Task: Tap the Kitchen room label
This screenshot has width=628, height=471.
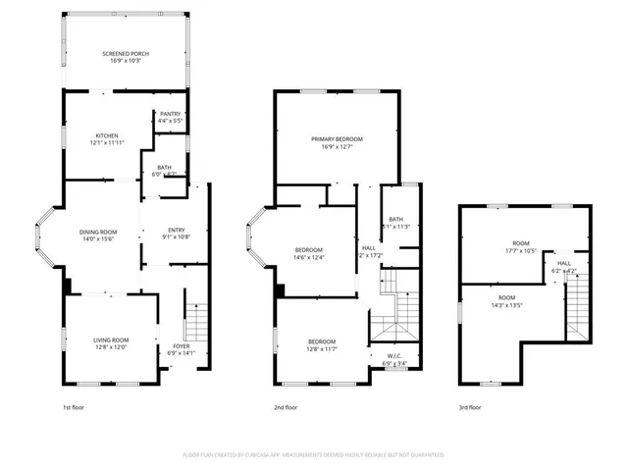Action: (x=107, y=135)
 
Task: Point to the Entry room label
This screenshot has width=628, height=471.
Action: (x=174, y=232)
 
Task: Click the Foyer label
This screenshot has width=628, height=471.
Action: (x=183, y=345)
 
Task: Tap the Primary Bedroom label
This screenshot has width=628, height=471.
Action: (x=337, y=140)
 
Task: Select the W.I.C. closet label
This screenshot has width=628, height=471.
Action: (x=395, y=356)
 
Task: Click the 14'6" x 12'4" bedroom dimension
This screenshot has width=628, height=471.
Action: (x=309, y=258)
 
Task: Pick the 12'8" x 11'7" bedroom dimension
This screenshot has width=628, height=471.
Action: (x=322, y=348)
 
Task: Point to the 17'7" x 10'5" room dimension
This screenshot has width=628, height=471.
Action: (x=520, y=250)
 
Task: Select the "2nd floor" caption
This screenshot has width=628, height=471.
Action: (x=286, y=406)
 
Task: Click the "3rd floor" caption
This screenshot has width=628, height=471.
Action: (x=470, y=406)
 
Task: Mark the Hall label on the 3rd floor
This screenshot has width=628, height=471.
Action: (x=564, y=263)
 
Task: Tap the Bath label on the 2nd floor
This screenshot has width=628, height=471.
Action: (x=395, y=219)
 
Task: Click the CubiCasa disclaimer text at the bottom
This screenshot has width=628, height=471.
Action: (x=314, y=455)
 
